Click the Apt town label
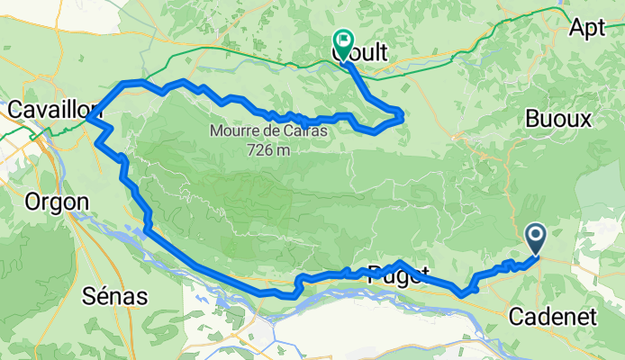tap(586, 27)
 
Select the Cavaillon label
tap(50, 109)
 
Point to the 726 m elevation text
tap(270, 148)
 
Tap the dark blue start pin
tap(536, 239)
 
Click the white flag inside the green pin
tap(344, 40)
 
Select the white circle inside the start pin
tap(536, 236)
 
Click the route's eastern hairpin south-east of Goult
tap(400, 113)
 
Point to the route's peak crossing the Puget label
tap(400, 264)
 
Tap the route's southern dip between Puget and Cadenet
tap(462, 292)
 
